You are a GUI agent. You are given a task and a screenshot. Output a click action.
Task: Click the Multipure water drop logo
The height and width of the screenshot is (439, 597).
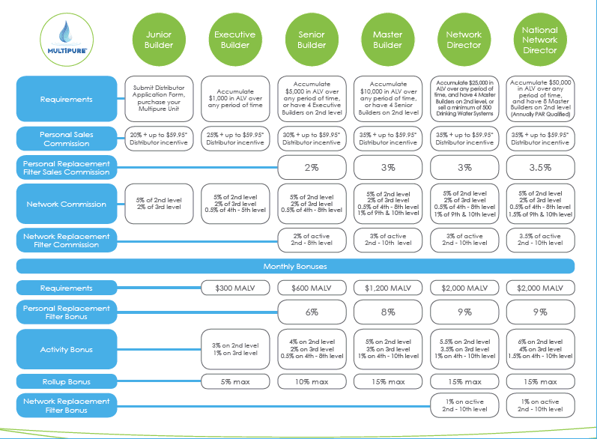click(x=67, y=40)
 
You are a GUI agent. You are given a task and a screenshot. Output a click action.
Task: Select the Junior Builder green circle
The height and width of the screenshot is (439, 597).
click(x=159, y=40)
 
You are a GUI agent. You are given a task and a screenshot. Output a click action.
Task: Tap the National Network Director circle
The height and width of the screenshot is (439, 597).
click(x=540, y=40)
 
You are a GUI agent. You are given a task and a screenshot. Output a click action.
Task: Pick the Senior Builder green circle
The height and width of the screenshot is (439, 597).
click(x=312, y=40)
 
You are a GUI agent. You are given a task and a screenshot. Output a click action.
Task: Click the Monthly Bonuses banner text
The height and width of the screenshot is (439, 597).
click(x=295, y=267)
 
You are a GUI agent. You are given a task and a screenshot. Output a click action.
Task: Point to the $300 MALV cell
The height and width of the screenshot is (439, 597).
click(x=235, y=288)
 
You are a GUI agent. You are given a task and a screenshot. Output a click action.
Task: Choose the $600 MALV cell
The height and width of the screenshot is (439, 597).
click(x=312, y=288)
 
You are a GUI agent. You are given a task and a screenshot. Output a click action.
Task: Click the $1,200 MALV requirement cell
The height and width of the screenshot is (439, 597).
click(x=388, y=288)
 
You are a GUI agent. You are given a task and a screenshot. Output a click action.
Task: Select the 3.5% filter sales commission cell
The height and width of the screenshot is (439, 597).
click(x=540, y=167)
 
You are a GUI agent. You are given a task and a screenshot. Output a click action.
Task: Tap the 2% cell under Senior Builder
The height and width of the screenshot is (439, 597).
click(x=312, y=167)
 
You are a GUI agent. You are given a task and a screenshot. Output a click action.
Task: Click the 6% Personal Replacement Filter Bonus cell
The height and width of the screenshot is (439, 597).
click(x=312, y=312)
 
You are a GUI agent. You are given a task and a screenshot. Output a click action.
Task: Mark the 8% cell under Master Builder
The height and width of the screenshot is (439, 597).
click(x=388, y=312)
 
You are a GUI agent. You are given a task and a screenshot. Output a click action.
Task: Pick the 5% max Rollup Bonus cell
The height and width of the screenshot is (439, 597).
click(x=235, y=381)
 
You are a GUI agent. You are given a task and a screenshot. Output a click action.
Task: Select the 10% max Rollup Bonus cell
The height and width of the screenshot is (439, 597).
click(x=312, y=381)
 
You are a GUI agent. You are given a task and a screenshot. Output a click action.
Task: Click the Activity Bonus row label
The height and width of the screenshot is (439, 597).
click(x=67, y=349)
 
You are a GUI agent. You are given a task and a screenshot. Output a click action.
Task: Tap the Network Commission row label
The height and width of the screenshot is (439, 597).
click(x=67, y=204)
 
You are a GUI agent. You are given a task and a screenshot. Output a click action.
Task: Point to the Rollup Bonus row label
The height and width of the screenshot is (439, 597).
click(x=67, y=381)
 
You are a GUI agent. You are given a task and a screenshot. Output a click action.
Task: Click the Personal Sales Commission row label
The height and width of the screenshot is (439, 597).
click(x=67, y=139)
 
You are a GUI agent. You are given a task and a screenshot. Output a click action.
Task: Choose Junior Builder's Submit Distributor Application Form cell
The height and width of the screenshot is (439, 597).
click(x=159, y=99)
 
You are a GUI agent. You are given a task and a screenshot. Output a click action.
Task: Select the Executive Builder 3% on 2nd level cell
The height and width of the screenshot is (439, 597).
click(x=235, y=349)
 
